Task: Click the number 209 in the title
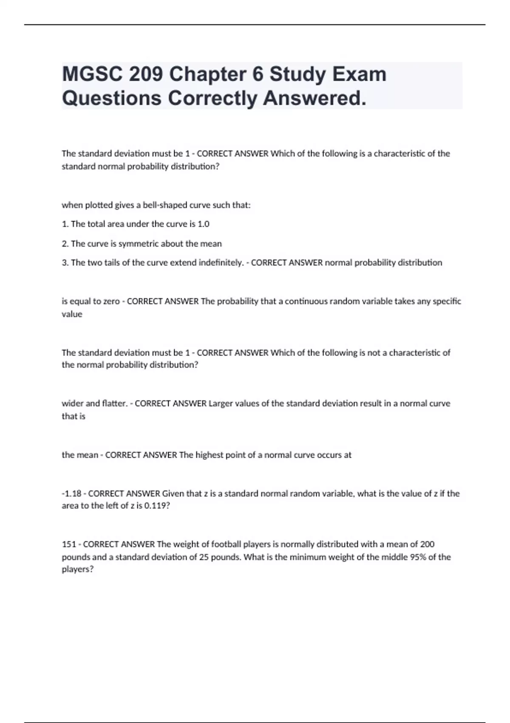tap(146, 74)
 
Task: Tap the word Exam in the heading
tap(359, 74)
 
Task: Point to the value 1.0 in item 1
tap(204, 224)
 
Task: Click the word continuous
tap(306, 301)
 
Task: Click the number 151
tap(69, 544)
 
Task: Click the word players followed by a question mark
tap(77, 569)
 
